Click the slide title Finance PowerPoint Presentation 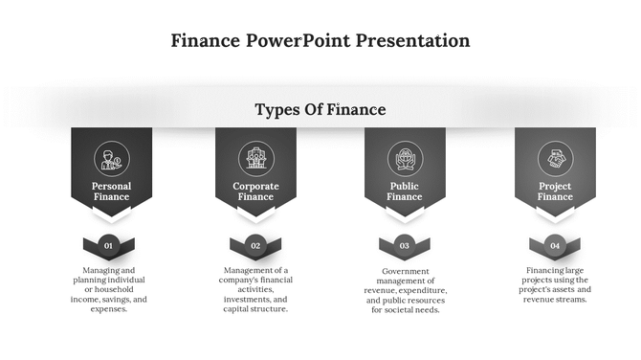tap(320, 41)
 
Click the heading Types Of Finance tap(320, 110)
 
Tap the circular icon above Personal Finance tap(111, 158)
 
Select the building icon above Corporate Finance tap(255, 158)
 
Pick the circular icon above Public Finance tap(404, 158)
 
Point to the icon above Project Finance tap(555, 158)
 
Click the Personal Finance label tap(111, 191)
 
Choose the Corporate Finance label tap(255, 191)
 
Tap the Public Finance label tap(404, 191)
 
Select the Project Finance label tap(555, 191)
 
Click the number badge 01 tap(108, 246)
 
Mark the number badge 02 tap(255, 246)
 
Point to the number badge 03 tap(404, 246)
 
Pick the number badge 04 tap(555, 246)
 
